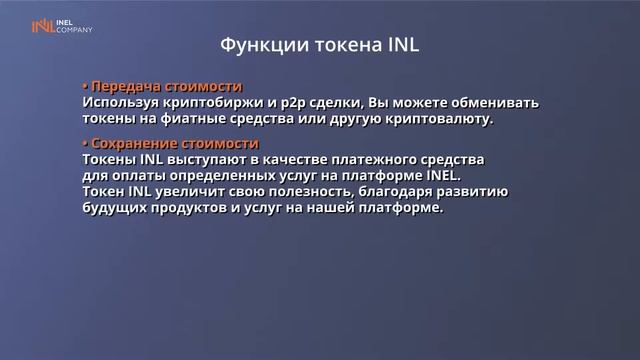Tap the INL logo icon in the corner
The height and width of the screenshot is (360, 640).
tap(43, 27)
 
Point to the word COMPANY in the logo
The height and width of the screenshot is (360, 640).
tap(77, 31)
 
